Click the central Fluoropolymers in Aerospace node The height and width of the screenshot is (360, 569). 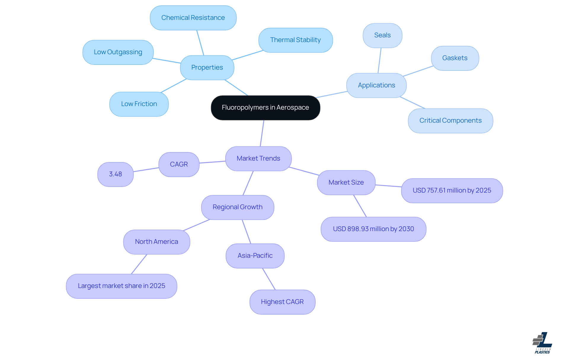coord(265,108)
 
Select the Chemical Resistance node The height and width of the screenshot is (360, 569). coord(193,18)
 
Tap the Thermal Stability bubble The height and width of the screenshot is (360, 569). coord(295,40)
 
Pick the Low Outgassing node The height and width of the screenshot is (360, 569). coord(118,52)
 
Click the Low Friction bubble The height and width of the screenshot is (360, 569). coord(139,104)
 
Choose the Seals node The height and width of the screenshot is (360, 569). coord(382,35)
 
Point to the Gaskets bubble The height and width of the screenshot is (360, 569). coord(455,58)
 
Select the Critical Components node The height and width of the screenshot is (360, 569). coord(450,121)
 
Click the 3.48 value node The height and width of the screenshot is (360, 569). coord(115,174)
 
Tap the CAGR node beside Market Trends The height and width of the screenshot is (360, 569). coord(179,164)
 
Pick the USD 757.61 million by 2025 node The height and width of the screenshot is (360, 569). coord(452,191)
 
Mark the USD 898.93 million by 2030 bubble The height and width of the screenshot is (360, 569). coord(373,229)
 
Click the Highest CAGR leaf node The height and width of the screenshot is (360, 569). coord(282,302)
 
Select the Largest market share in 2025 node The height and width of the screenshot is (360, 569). coord(121,286)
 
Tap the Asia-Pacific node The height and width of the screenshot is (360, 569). coord(255,256)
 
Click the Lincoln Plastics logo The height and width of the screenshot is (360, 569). coord(542,343)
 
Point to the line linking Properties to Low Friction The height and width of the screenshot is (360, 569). coord(174,86)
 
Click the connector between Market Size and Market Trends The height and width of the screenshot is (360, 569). coord(304,171)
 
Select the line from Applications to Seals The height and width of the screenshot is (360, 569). coord(380,60)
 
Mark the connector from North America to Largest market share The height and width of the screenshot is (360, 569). coord(139,264)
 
